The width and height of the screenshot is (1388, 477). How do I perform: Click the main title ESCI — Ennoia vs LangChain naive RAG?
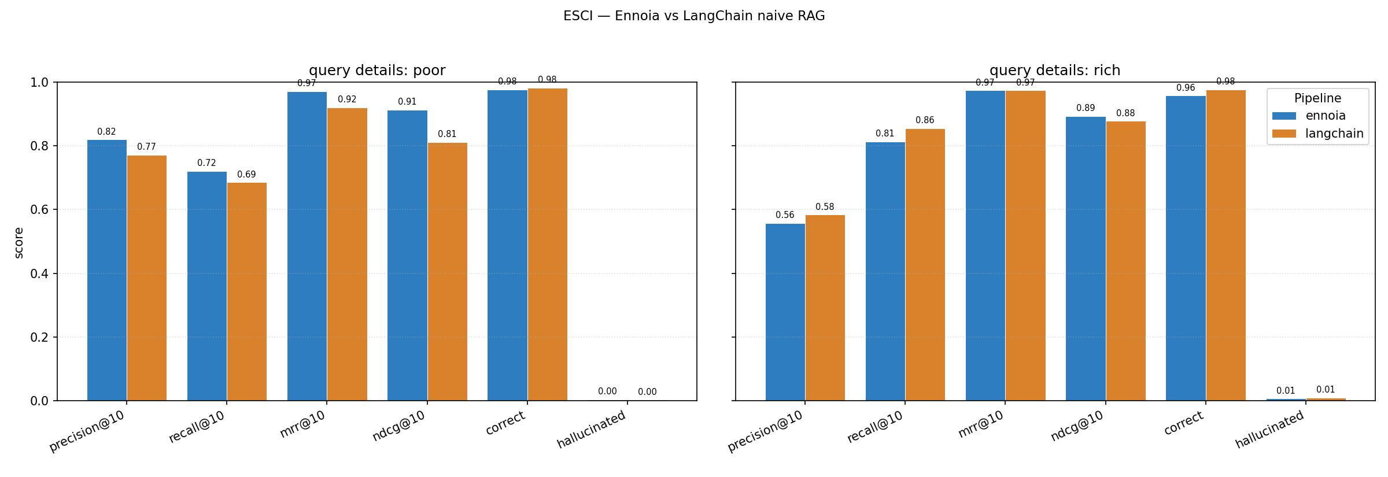[694, 16]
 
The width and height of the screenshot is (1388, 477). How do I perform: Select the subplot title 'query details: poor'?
[377, 71]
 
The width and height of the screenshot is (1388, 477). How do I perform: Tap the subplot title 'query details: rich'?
[1055, 71]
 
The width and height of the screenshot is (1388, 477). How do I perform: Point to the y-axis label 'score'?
[19, 243]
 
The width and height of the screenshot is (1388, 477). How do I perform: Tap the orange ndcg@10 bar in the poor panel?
[448, 272]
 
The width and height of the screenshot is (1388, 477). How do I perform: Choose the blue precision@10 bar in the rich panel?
[785, 312]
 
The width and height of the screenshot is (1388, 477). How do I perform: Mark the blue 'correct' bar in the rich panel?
[1186, 248]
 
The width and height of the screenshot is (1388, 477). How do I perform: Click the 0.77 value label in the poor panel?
[146, 147]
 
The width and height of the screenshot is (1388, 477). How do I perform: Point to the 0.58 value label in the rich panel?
[825, 207]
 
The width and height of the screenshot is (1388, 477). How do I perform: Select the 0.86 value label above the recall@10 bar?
[925, 120]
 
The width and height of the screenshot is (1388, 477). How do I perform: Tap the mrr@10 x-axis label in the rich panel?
[981, 425]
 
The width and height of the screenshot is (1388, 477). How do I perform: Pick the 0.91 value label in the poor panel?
[407, 102]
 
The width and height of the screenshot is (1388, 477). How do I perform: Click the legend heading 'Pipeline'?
[1317, 98]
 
